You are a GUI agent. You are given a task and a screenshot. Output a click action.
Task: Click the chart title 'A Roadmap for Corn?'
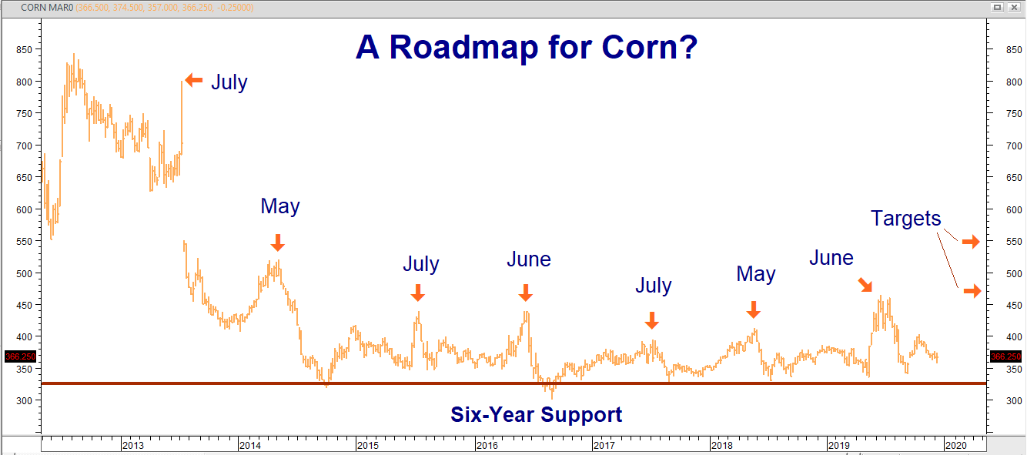pyautogui.click(x=527, y=47)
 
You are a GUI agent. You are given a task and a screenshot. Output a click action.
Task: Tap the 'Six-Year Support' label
pyautogui.click(x=536, y=415)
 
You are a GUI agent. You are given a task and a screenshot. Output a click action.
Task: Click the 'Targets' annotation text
pyautogui.click(x=905, y=219)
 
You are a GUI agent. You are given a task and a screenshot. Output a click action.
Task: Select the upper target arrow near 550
pyautogui.click(x=971, y=241)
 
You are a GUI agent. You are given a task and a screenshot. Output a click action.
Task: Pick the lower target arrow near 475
pyautogui.click(x=972, y=291)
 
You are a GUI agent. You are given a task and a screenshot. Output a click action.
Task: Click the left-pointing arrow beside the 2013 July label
pyautogui.click(x=194, y=80)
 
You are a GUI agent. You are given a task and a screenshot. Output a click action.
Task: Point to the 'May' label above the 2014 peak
pyautogui.click(x=280, y=206)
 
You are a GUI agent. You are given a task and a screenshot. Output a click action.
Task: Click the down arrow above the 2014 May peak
pyautogui.click(x=278, y=243)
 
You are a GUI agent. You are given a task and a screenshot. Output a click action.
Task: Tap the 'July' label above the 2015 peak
pyautogui.click(x=421, y=264)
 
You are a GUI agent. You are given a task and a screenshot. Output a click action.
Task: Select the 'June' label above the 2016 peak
pyautogui.click(x=529, y=259)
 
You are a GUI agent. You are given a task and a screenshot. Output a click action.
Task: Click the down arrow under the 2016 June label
pyautogui.click(x=526, y=293)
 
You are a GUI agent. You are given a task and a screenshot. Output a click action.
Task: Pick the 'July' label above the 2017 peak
pyautogui.click(x=654, y=286)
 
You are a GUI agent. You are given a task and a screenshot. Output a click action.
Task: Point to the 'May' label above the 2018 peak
pyautogui.click(x=756, y=274)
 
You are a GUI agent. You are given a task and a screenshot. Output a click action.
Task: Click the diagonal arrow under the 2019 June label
pyautogui.click(x=865, y=285)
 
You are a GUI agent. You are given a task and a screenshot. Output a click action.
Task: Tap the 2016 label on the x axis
pyautogui.click(x=487, y=445)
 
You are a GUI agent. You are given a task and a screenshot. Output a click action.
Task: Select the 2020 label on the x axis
pyautogui.click(x=956, y=445)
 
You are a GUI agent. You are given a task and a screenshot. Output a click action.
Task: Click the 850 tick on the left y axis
pyautogui.click(x=24, y=50)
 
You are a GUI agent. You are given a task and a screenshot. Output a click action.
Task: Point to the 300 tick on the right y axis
pyautogui.click(x=1014, y=401)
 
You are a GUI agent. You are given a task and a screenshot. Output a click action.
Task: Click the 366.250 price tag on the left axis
pyautogui.click(x=21, y=356)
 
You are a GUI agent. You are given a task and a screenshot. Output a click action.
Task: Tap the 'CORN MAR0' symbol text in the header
pyautogui.click(x=47, y=8)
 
